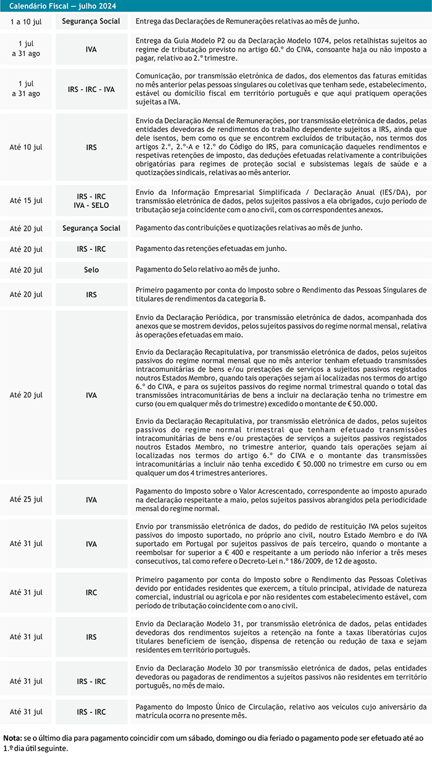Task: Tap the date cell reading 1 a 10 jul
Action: pyautogui.click(x=27, y=21)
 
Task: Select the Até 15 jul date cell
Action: pyautogui.click(x=27, y=201)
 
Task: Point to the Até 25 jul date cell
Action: pyautogui.click(x=27, y=499)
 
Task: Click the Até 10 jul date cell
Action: pyautogui.click(x=27, y=148)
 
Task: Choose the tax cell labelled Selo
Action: pyautogui.click(x=91, y=270)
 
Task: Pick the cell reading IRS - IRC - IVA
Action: pyautogui.click(x=91, y=89)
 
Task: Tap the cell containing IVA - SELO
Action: pyautogui.click(x=91, y=205)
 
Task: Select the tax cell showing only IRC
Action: pyautogui.click(x=91, y=592)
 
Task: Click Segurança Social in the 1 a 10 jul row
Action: pyautogui.click(x=91, y=21)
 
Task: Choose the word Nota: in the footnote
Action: pyautogui.click(x=12, y=738)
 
